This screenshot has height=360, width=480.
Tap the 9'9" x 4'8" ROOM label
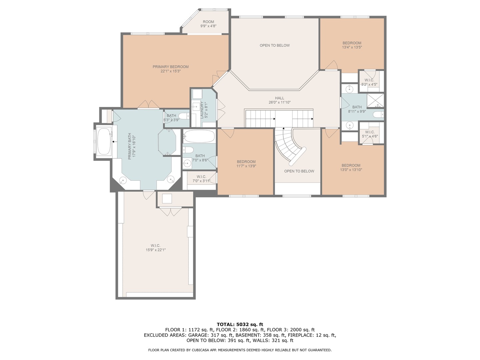[x=208, y=24]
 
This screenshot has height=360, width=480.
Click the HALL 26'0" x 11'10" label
[x=279, y=100]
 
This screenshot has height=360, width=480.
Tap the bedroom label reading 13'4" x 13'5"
[x=352, y=45]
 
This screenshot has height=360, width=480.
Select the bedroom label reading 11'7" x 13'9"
[x=246, y=164]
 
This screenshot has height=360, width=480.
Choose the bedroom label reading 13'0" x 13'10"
[x=351, y=167]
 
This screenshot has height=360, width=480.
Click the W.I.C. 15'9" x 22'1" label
[x=155, y=248]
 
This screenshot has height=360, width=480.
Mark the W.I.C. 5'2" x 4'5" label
[x=369, y=82]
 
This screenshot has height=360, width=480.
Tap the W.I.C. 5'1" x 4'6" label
[x=370, y=134]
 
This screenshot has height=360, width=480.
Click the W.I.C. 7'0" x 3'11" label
[x=201, y=179]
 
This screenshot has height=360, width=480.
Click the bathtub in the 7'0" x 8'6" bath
[x=199, y=136]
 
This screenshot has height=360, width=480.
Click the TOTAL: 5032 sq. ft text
[x=240, y=324]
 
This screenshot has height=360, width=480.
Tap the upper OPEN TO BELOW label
[x=275, y=45]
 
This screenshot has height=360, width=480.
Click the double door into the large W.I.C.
[x=170, y=211]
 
